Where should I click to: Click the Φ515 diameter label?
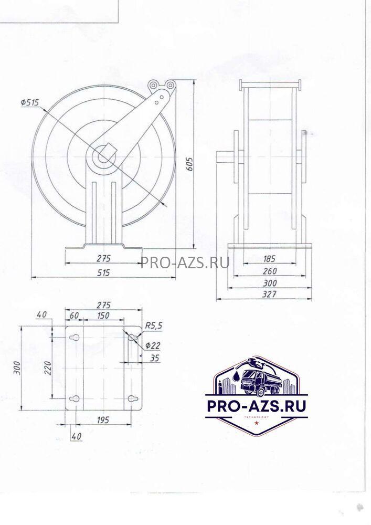pyautogui.click(x=29, y=103)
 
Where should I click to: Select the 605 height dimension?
pyautogui.click(x=189, y=164)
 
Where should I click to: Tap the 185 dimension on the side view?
pyautogui.click(x=269, y=258)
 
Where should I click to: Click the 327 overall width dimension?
pyautogui.click(x=270, y=294)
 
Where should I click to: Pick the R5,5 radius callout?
pyautogui.click(x=153, y=325)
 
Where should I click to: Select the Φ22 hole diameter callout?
pyautogui.click(x=153, y=346)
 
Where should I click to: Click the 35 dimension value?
pyautogui.click(x=154, y=358)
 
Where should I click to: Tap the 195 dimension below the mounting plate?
pyautogui.click(x=103, y=419)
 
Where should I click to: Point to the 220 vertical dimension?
pyautogui.click(x=48, y=367)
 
